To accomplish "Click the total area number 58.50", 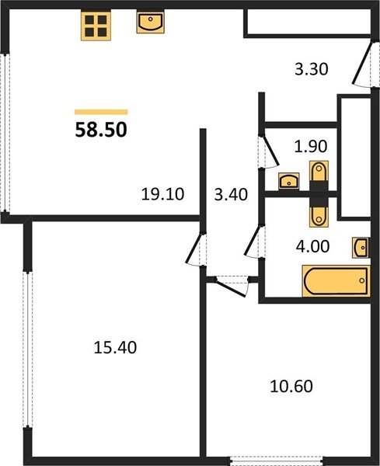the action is coord(101,130).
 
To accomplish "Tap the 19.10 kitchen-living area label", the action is coord(162,194).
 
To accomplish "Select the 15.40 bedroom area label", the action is coord(115,347).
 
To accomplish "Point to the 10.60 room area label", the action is coord(291,386).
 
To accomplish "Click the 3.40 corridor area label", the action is coord(231,195).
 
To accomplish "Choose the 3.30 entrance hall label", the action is coord(312,69).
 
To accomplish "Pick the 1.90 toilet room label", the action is coord(311,146).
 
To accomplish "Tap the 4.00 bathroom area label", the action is coord(313,246).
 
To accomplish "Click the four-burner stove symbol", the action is coord(96,26).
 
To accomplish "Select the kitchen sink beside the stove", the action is coord(151,22).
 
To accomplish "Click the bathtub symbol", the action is coord(336,281).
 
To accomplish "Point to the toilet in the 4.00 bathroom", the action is coord(319,214).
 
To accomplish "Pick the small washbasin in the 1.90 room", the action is coord(289,181).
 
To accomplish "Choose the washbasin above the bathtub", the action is coord(361,247).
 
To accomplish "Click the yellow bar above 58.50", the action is coord(101,112).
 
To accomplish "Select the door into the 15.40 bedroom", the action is coord(195,249).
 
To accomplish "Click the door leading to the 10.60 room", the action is coord(232,286).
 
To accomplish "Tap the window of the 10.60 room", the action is coord(277,460).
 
